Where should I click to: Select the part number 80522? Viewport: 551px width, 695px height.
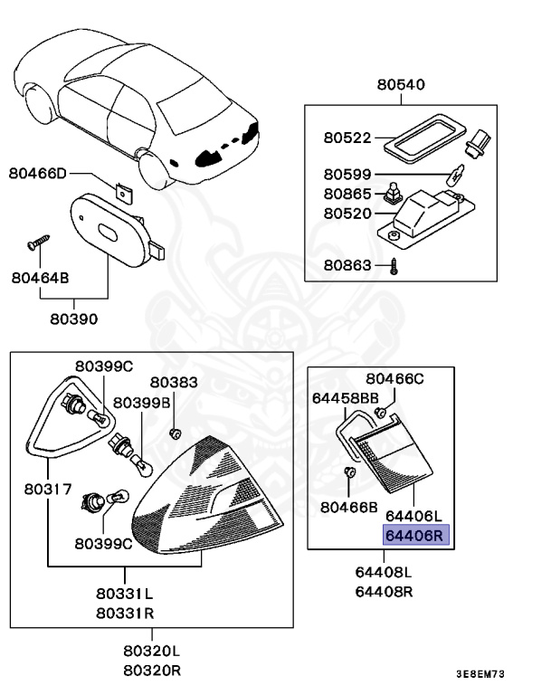click(x=347, y=138)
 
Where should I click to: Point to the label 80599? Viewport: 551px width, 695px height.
click(x=347, y=175)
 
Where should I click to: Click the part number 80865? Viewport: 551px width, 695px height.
click(x=347, y=194)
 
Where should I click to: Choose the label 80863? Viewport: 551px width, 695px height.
click(x=347, y=267)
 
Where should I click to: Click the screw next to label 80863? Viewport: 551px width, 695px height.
click(x=394, y=266)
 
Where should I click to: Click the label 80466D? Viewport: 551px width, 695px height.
click(x=38, y=172)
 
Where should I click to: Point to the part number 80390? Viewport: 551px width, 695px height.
click(x=74, y=319)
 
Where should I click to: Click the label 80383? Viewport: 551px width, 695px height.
click(x=174, y=383)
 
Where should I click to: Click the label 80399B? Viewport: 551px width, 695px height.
click(x=147, y=402)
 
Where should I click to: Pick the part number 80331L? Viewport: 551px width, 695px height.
click(x=125, y=595)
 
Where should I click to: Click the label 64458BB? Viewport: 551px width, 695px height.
click(x=345, y=396)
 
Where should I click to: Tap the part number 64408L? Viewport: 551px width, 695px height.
click(x=384, y=573)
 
